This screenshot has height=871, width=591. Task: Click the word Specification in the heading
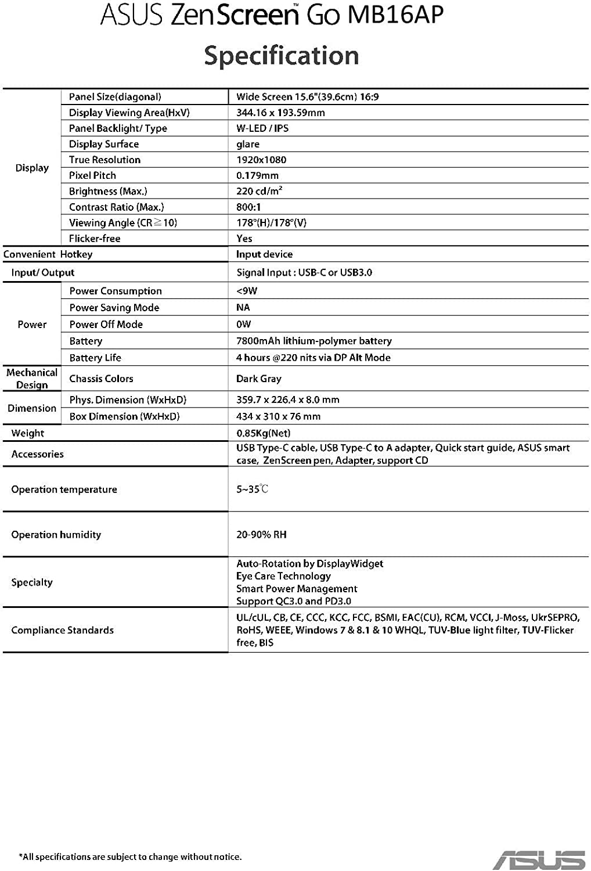(282, 56)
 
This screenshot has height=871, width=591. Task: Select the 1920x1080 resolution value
(261, 160)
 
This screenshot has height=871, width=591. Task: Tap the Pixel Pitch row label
(92, 175)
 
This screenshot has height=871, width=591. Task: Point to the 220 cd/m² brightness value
(259, 191)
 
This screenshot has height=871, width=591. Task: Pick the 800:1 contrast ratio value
(248, 207)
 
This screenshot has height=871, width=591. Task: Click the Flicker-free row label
(95, 238)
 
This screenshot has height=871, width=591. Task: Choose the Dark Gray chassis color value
(259, 379)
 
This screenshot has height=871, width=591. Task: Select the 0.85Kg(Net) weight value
(264, 433)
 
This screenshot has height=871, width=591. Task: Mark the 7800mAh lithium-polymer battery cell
(314, 341)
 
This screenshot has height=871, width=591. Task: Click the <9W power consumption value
(247, 291)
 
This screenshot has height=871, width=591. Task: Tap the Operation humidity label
(56, 534)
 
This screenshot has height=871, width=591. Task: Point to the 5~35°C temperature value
(252, 489)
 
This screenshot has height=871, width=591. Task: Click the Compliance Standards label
(63, 630)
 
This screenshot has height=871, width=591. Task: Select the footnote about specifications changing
(131, 856)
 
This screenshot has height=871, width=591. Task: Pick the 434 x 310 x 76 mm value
(279, 416)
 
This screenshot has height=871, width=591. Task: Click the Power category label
(32, 324)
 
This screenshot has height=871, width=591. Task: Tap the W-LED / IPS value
(262, 128)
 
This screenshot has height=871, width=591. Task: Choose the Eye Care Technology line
(283, 576)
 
